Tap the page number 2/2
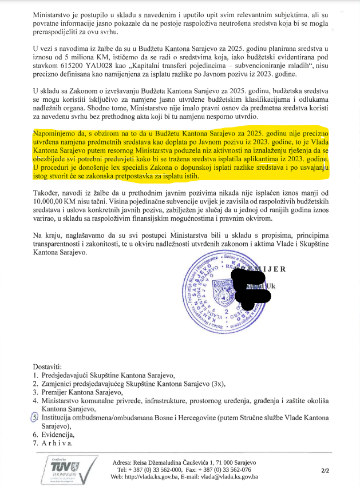tap(326, 471)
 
